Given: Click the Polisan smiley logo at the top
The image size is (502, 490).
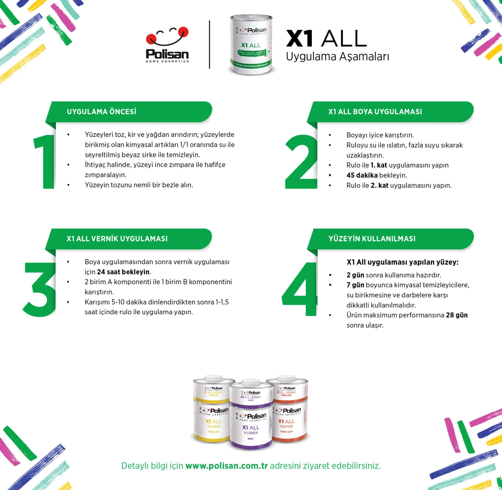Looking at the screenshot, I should [x=167, y=44].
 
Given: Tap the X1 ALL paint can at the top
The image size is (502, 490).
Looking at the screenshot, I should [x=251, y=44].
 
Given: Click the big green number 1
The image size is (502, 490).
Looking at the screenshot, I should [x=45, y=161].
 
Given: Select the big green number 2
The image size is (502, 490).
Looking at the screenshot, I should [x=301, y=162].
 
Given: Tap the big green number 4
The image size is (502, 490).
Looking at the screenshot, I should [x=300, y=289].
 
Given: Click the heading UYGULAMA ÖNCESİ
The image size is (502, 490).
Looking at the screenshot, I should [x=101, y=112].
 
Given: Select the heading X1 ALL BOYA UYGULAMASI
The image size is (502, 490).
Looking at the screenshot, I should [x=375, y=112].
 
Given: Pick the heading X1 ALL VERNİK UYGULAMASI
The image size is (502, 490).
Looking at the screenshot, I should [x=117, y=239].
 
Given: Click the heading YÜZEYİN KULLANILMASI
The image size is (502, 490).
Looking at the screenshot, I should [x=372, y=239].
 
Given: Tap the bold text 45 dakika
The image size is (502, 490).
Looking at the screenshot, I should [x=362, y=175].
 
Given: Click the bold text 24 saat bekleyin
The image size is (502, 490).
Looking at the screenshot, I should [x=123, y=272].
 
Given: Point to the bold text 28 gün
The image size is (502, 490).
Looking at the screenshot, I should [x=456, y=315].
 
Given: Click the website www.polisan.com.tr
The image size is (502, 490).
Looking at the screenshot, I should [x=227, y=466].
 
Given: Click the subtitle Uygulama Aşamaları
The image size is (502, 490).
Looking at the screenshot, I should [x=337, y=57].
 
